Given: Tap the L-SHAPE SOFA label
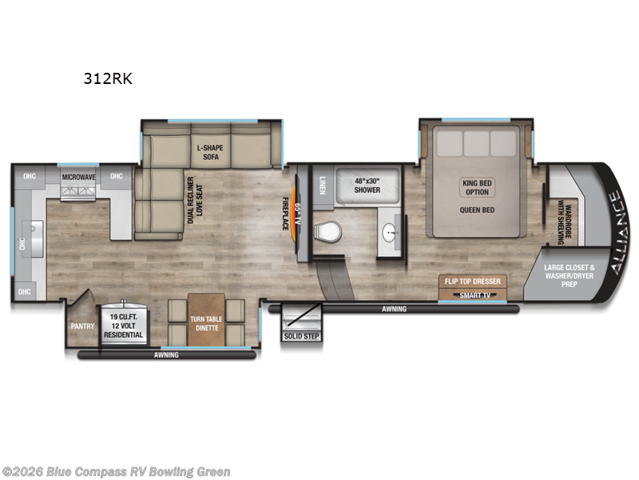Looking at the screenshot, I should click(212, 153).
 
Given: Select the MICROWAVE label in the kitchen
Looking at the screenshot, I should click(79, 177).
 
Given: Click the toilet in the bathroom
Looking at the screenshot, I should click(327, 231).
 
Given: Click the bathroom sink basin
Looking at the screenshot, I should click(389, 233).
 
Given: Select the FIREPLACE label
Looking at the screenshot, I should click(284, 214).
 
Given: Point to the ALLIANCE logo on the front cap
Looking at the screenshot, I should click(616, 232).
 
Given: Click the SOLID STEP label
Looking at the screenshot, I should click(300, 336).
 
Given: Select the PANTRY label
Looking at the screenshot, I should click(81, 326).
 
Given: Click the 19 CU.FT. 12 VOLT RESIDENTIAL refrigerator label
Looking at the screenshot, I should click(125, 326).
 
